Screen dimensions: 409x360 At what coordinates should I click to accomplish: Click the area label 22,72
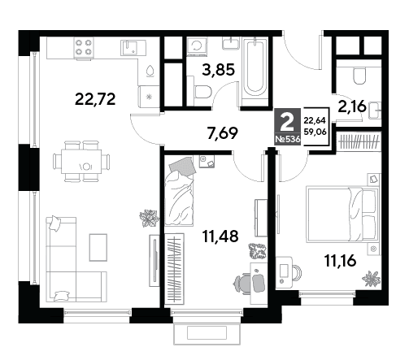[95, 99]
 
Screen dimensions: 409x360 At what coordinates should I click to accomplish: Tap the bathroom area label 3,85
[218, 70]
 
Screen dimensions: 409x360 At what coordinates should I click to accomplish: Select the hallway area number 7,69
[222, 133]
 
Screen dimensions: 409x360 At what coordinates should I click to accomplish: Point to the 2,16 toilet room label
[352, 106]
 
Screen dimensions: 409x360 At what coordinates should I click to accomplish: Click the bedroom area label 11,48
[220, 236]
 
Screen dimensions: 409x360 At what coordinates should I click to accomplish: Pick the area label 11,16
[340, 261]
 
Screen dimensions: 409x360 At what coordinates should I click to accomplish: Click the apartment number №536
[288, 139]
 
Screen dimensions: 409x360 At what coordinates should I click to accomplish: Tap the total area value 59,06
[315, 132]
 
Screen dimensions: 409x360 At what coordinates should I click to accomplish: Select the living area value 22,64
[315, 120]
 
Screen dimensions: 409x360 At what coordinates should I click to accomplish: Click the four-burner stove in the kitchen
[84, 47]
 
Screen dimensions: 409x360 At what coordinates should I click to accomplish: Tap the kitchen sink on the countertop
[133, 48]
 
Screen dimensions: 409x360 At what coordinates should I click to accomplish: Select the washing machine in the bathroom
[197, 46]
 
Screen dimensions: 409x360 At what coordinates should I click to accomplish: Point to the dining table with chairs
[81, 161]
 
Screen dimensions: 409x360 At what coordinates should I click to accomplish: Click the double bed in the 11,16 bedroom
[342, 214]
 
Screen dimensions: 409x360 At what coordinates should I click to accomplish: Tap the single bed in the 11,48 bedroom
[180, 192]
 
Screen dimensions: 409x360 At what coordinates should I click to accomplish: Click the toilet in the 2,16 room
[359, 76]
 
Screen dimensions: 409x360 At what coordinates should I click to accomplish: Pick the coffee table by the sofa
[98, 247]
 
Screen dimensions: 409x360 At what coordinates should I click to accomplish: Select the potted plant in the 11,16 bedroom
[372, 279]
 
